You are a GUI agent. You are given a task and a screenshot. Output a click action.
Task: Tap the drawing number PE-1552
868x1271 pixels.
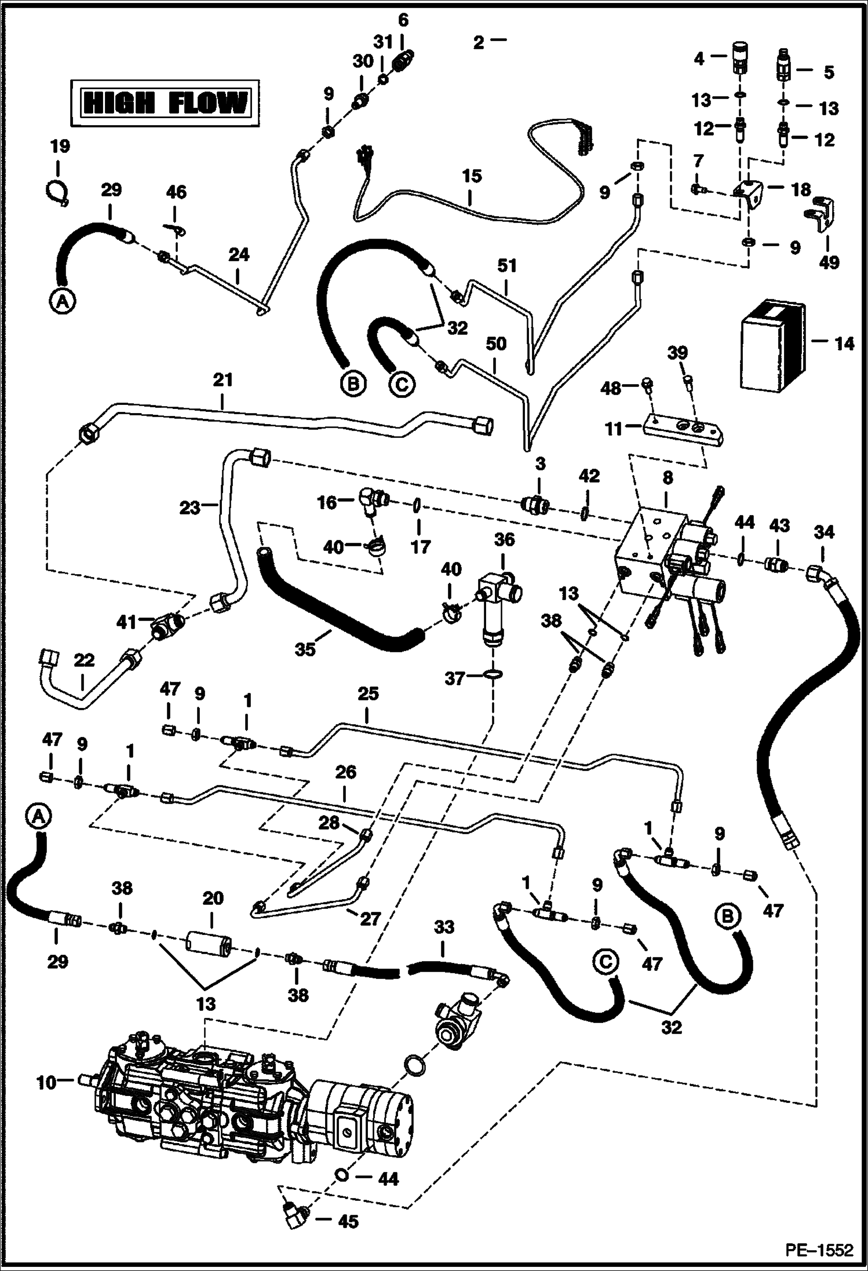pos(819,1250)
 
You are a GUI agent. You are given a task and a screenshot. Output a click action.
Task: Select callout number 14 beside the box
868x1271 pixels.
pos(844,344)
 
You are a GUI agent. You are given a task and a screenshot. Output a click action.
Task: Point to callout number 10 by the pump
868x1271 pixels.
pos(47,1082)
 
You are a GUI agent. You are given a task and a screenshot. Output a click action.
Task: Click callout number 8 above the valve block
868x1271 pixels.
pos(668,478)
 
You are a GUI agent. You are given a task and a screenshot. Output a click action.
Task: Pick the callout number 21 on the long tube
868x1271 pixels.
pos(223,380)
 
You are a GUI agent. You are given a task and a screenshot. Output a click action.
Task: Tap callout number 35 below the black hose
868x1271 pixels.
pos(305,649)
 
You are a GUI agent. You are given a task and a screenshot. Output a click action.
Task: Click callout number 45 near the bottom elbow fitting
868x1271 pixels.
pos(347,1222)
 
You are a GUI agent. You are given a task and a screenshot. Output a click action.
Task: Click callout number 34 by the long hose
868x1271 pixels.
pos(823,532)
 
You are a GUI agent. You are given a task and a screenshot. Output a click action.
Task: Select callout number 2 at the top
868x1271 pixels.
pos(478,42)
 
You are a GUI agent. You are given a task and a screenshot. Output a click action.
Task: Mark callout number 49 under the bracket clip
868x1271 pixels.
pos(829,262)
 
